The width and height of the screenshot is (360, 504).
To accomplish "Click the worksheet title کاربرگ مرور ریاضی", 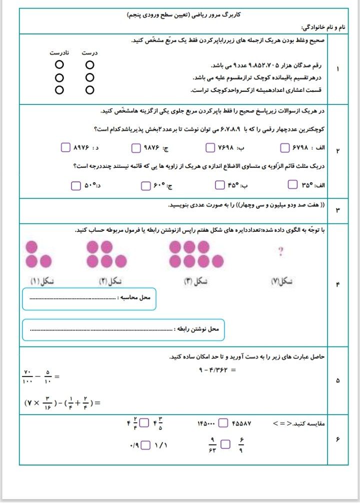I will (180, 15).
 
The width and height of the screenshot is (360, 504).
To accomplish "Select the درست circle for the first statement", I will (89, 65).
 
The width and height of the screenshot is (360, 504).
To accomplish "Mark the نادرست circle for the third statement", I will (59, 90).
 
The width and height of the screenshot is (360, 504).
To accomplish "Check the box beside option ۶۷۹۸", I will (285, 148).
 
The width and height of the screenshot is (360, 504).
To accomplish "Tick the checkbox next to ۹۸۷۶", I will (136, 148).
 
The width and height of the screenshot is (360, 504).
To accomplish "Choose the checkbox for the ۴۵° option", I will (219, 185).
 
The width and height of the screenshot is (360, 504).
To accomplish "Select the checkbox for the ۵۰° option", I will (75, 186).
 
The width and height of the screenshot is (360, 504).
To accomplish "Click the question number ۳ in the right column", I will (337, 210).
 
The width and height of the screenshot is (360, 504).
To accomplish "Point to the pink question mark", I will (280, 252).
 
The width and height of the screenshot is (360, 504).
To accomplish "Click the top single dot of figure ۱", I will (31, 247).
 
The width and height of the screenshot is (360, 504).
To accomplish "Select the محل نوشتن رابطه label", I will (198, 329).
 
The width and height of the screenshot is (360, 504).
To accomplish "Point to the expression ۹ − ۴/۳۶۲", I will (217, 370).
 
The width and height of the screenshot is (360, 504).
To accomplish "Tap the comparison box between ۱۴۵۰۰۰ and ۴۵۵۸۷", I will (223, 424).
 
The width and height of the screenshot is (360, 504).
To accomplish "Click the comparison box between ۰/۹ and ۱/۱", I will (146, 444).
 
